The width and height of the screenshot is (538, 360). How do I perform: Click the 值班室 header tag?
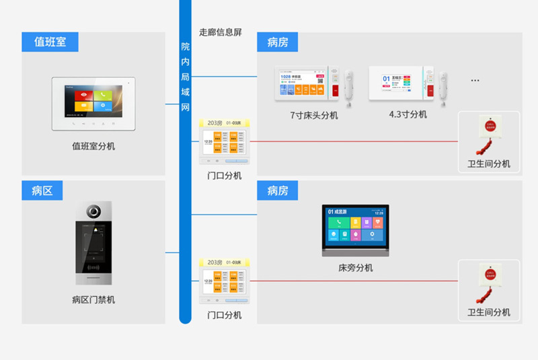coord(50,42)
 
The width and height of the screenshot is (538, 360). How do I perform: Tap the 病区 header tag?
coord(42,190)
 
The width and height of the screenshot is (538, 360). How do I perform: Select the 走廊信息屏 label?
coord(220,32)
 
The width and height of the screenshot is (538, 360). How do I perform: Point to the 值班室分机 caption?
coord(93,145)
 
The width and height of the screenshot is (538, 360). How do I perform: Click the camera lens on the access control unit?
coord(93,211)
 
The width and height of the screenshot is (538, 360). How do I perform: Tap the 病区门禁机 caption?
coord(93,299)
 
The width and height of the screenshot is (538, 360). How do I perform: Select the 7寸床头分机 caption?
coord(314,115)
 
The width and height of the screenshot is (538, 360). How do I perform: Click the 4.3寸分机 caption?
coord(408,114)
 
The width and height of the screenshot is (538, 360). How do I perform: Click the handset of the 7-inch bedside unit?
coord(349,87)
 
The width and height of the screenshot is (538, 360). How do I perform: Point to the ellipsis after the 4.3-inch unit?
coord(475,81)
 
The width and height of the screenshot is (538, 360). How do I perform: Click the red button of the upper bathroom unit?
coord(489,125)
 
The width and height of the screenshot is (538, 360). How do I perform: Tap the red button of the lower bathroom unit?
coord(489,274)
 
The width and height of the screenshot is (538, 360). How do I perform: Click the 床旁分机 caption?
coord(355,268)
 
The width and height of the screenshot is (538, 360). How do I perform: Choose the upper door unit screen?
coord(225,142)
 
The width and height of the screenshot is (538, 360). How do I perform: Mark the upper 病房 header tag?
coord(277,42)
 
